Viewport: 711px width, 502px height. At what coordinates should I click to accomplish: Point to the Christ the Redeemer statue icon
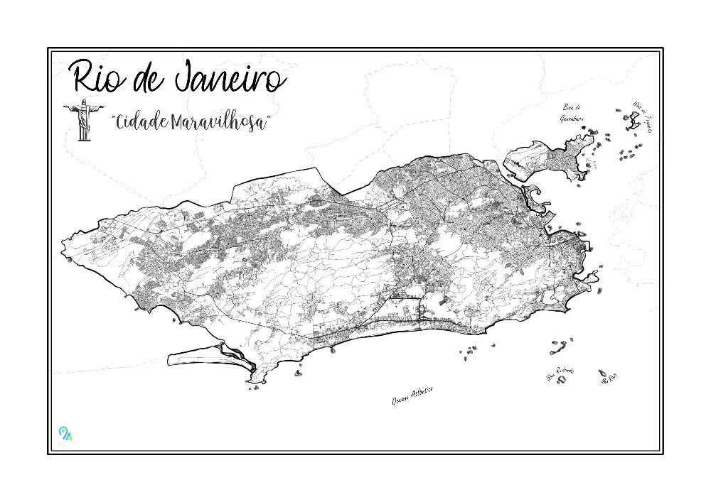point(82,119)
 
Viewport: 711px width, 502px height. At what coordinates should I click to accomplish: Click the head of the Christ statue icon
point(82,102)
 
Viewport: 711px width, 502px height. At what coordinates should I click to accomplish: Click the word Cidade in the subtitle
point(141,121)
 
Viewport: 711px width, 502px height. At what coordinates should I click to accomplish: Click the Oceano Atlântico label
point(412,396)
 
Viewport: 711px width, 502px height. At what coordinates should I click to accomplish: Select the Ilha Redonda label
point(561,373)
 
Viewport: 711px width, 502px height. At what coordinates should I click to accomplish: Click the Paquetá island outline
point(631,122)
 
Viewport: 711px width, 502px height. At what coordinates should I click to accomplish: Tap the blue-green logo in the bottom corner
point(65,433)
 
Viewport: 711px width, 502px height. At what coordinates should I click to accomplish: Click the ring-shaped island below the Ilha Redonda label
point(561,381)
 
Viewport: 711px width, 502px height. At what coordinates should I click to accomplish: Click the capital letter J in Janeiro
point(187,77)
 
